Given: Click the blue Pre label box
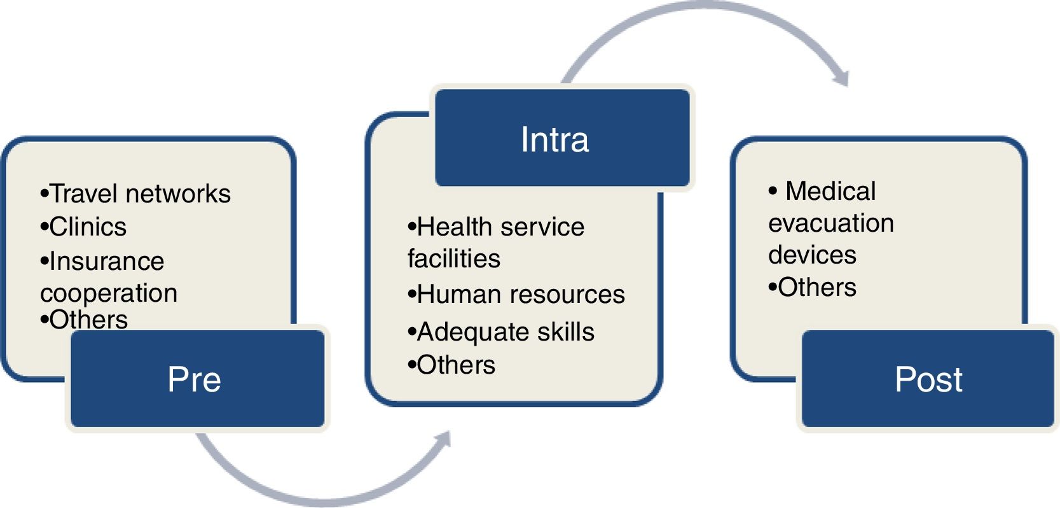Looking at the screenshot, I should tap(197, 379).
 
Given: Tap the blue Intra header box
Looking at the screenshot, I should tap(562, 138).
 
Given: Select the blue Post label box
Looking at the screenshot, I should tap(927, 379).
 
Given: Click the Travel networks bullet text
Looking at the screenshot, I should tap(140, 194).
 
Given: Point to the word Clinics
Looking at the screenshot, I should tap(88, 227).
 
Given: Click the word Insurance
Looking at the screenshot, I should tap(106, 261).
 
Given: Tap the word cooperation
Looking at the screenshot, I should tap(109, 293).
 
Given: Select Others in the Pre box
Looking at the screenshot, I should tap(88, 320).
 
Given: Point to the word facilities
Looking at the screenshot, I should tap(454, 258).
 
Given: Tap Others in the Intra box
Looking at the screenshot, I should tap(456, 365).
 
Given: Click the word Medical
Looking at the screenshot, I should tap(830, 191).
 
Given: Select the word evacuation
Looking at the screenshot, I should tap(831, 223).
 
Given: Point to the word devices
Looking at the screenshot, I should tap(812, 255).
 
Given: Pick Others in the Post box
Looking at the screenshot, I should tap(817, 287).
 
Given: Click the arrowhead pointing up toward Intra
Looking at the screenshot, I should tap(444, 439).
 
